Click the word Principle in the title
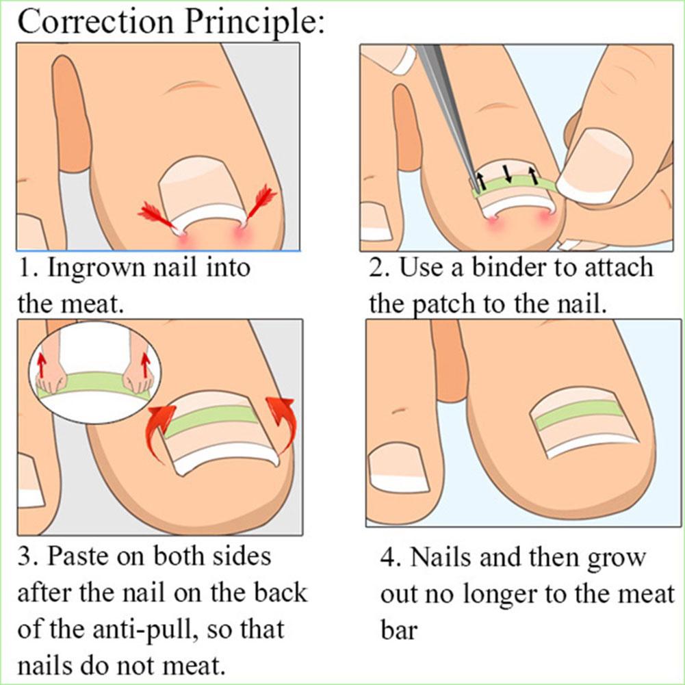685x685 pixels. tap(250, 22)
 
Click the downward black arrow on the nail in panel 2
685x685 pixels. tap(507, 172)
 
